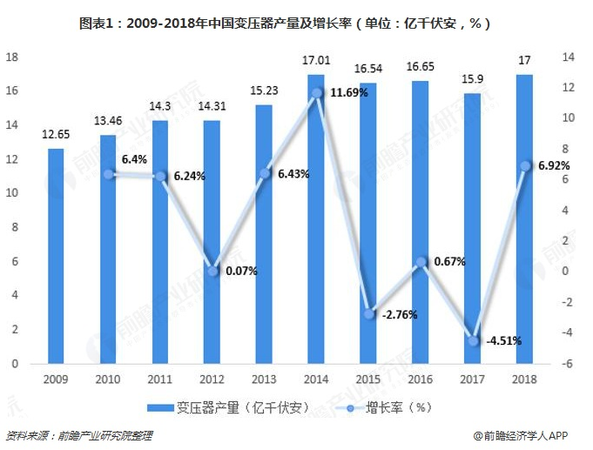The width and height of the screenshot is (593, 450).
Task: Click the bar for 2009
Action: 56,256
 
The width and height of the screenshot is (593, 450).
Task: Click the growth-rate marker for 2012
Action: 212,271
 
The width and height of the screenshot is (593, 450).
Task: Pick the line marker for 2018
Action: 524,165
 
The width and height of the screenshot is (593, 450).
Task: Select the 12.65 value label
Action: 56,134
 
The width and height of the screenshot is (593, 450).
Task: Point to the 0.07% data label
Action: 241,271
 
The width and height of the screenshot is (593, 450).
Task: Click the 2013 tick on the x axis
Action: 264,379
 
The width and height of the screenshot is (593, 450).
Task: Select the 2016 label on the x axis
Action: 420,379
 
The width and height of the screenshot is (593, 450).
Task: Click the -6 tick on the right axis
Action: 569,364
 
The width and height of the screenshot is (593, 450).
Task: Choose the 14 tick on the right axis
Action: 569,57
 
